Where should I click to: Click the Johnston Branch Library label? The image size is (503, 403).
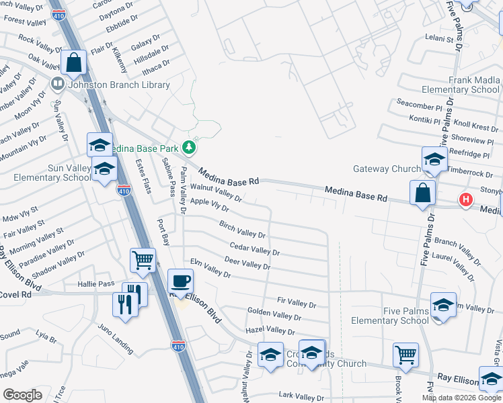click(x=118, y=85)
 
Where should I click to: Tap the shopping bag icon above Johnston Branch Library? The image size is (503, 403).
click(x=74, y=63)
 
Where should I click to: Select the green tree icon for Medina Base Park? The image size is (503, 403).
click(x=190, y=146)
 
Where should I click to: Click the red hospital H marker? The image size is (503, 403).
click(x=465, y=199)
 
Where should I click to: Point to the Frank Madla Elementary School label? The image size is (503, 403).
click(x=461, y=85)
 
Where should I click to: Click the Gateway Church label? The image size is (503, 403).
click(x=387, y=169)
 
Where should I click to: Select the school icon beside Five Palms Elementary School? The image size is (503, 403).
click(x=443, y=305)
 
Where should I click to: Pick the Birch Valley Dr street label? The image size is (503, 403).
click(x=243, y=230)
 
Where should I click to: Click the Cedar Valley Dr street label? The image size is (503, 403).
click(x=254, y=249)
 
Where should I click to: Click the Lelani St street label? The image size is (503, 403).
click(x=439, y=39)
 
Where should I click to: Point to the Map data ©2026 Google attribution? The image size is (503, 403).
click(x=460, y=398)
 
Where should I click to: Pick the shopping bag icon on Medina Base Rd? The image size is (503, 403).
click(x=422, y=193)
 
